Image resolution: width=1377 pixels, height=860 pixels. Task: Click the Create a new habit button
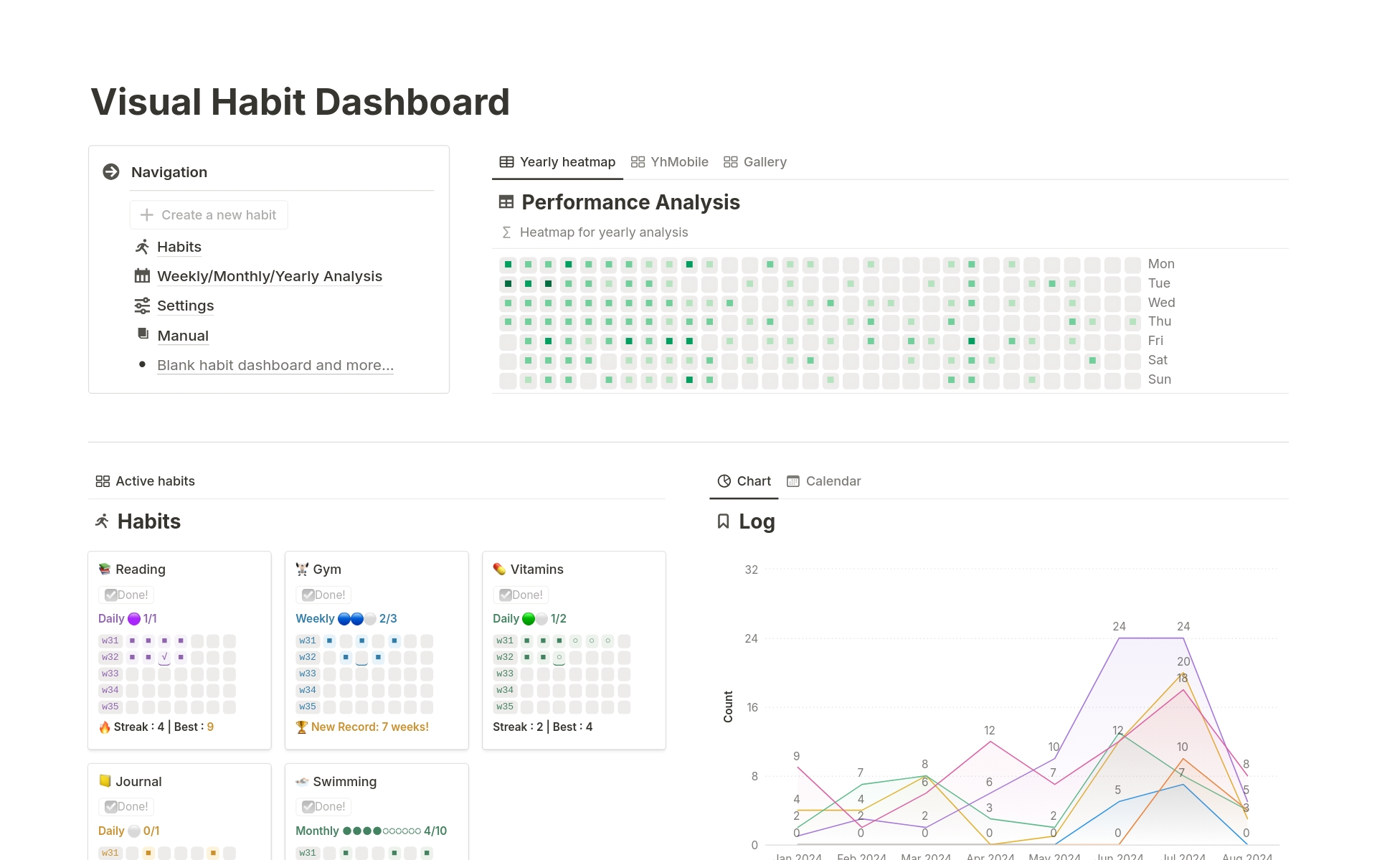pyautogui.click(x=209, y=215)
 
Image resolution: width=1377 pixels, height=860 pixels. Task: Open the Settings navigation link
pyautogui.click(x=185, y=306)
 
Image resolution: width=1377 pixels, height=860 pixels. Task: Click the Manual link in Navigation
pyautogui.click(x=183, y=336)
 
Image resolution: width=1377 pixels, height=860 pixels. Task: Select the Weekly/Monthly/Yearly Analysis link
pyautogui.click(x=269, y=276)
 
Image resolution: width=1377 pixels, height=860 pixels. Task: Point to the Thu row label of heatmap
pyautogui.click(x=1159, y=321)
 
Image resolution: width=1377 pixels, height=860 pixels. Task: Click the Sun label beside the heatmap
pyautogui.click(x=1159, y=379)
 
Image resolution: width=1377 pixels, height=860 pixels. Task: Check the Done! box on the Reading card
pyautogui.click(x=111, y=595)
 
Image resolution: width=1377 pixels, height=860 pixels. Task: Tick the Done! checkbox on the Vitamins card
pyautogui.click(x=506, y=595)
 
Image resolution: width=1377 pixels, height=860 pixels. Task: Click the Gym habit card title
pyautogui.click(x=327, y=570)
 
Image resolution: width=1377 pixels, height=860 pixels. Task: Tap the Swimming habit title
pyautogui.click(x=344, y=782)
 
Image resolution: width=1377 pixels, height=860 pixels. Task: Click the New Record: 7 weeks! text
pyautogui.click(x=369, y=727)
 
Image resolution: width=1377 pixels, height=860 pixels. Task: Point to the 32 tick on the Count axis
pyautogui.click(x=751, y=570)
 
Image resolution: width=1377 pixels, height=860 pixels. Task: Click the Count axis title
pyautogui.click(x=728, y=707)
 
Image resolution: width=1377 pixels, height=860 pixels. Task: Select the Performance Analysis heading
pyautogui.click(x=630, y=202)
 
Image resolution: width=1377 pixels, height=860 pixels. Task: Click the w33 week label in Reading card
pyautogui.click(x=110, y=674)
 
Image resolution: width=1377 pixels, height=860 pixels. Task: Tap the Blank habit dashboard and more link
pyautogui.click(x=275, y=365)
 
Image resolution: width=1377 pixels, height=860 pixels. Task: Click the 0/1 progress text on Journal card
pyautogui.click(x=151, y=831)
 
